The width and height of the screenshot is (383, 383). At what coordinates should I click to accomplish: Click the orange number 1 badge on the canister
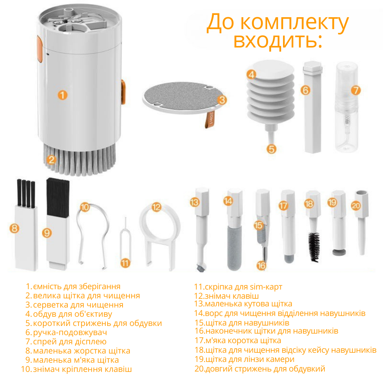click(x=62, y=95)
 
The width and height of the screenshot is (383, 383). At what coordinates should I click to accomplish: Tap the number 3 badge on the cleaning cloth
click(x=222, y=100)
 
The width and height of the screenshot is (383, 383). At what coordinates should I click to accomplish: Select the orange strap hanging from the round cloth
click(x=210, y=119)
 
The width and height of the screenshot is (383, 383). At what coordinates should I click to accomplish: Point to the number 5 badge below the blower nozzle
click(x=272, y=149)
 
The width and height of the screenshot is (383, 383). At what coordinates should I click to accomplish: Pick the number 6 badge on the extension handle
click(x=305, y=90)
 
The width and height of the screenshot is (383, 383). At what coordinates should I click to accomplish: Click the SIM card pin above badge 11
click(x=125, y=238)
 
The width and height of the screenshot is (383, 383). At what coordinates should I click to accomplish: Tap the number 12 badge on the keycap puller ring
click(x=156, y=207)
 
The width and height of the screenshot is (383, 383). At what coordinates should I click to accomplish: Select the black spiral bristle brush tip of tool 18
click(x=314, y=247)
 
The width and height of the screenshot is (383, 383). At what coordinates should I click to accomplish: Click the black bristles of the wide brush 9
click(x=58, y=196)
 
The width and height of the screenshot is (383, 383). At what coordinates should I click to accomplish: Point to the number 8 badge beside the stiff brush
click(x=15, y=228)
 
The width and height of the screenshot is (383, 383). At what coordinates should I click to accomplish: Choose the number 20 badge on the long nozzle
click(x=356, y=205)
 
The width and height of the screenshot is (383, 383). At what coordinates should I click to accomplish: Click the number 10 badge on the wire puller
click(x=85, y=207)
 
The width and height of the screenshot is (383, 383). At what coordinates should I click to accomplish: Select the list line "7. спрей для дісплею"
click(x=66, y=342)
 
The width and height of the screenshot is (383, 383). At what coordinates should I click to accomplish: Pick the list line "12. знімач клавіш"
click(x=226, y=296)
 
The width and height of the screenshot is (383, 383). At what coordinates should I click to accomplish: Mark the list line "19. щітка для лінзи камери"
click(x=244, y=359)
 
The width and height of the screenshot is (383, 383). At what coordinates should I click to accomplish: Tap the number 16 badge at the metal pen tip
click(x=261, y=265)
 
